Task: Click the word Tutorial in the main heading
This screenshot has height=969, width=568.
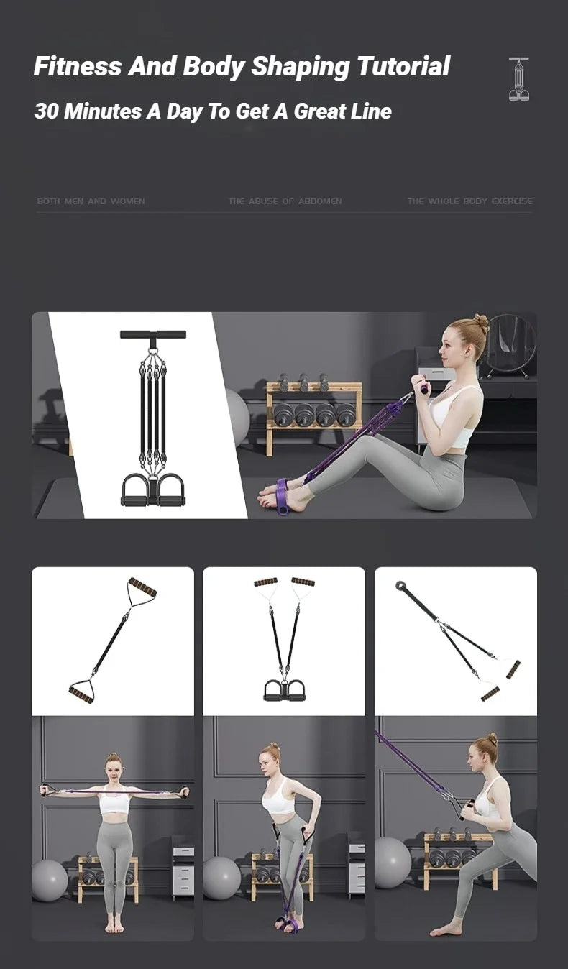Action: coord(403,66)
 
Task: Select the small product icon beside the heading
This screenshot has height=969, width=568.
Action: coord(518,79)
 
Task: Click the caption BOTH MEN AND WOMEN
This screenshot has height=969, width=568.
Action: coord(91,201)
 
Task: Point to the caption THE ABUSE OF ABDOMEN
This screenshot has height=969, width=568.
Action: coord(285,201)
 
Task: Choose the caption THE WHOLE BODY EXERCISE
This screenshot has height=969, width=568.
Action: coord(469,201)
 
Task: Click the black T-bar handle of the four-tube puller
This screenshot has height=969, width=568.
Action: coord(152,334)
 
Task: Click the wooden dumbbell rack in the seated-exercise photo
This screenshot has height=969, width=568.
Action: coord(313,417)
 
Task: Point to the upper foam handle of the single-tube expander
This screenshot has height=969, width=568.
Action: coord(142,587)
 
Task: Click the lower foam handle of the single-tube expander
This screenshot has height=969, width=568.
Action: coord(81,694)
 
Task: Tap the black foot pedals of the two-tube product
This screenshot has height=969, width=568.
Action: coord(284,691)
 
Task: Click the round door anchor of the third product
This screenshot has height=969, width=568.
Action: coord(400,586)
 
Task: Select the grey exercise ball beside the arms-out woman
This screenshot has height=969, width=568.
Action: coord(49,880)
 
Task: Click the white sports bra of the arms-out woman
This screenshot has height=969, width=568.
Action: coord(114,803)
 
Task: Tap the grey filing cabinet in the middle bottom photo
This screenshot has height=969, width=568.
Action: coord(356,866)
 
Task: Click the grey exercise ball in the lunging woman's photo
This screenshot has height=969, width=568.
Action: coord(392,862)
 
